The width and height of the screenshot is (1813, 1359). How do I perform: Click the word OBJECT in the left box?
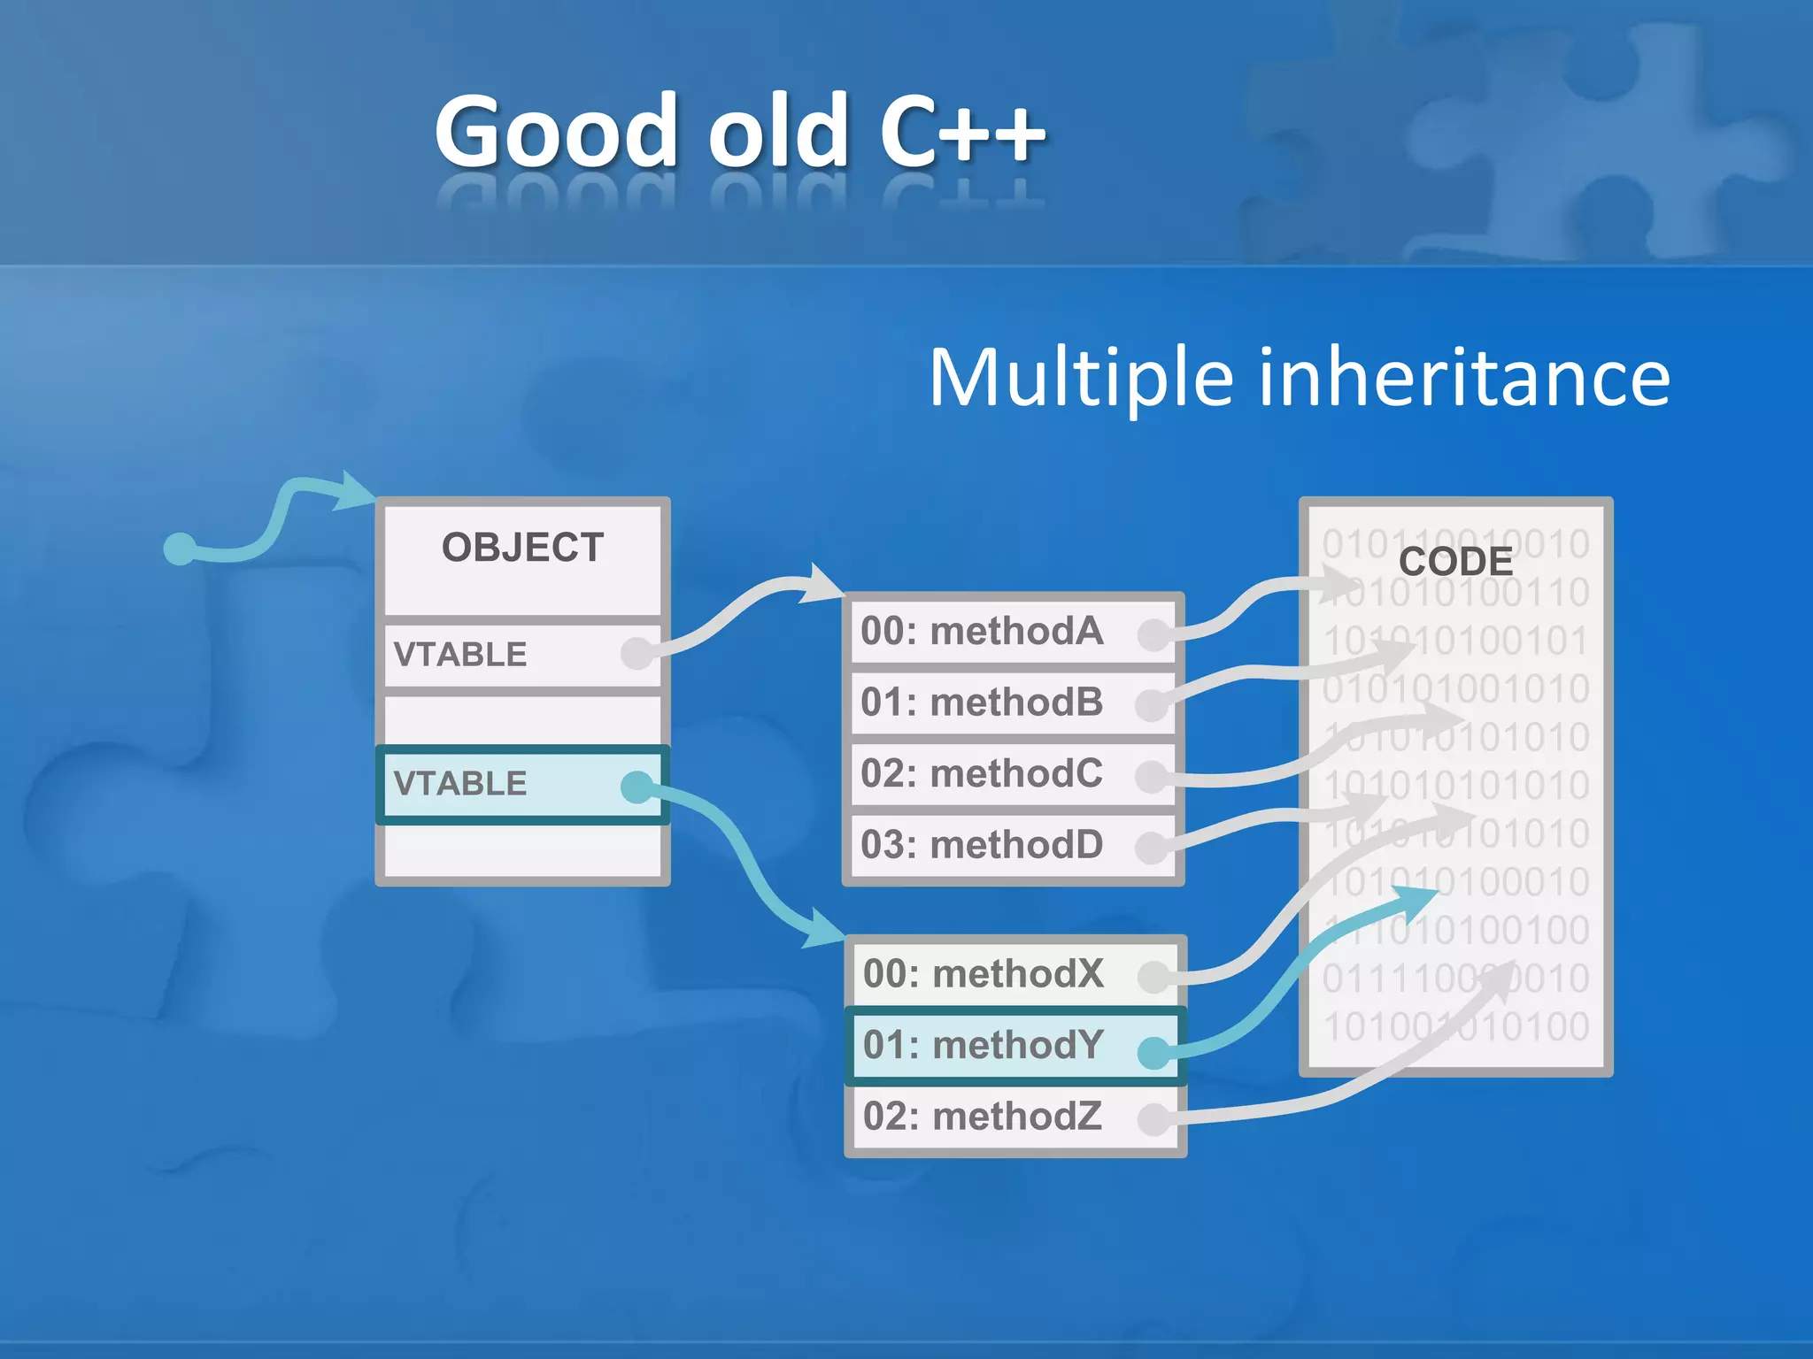click(522, 548)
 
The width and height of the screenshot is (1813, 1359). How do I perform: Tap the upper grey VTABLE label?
click(460, 654)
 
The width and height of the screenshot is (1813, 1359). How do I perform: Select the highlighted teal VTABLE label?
click(460, 783)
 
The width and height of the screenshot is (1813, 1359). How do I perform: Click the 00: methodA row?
click(983, 632)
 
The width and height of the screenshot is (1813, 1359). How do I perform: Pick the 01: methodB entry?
click(983, 703)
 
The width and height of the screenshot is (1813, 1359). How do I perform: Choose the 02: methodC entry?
click(983, 773)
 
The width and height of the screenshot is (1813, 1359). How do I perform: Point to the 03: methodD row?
click(983, 845)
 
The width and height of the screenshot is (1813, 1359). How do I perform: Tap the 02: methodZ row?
click(983, 1117)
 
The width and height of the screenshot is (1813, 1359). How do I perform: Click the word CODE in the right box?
click(1455, 562)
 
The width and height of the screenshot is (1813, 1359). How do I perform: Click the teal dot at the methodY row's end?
click(1153, 1052)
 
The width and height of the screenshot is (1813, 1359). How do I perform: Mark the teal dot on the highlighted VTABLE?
click(636, 787)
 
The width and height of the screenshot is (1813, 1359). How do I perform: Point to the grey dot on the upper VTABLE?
click(636, 653)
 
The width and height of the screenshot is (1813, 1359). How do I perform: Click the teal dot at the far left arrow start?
click(180, 549)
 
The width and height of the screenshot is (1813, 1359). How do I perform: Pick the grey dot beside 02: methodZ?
click(1153, 1119)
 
